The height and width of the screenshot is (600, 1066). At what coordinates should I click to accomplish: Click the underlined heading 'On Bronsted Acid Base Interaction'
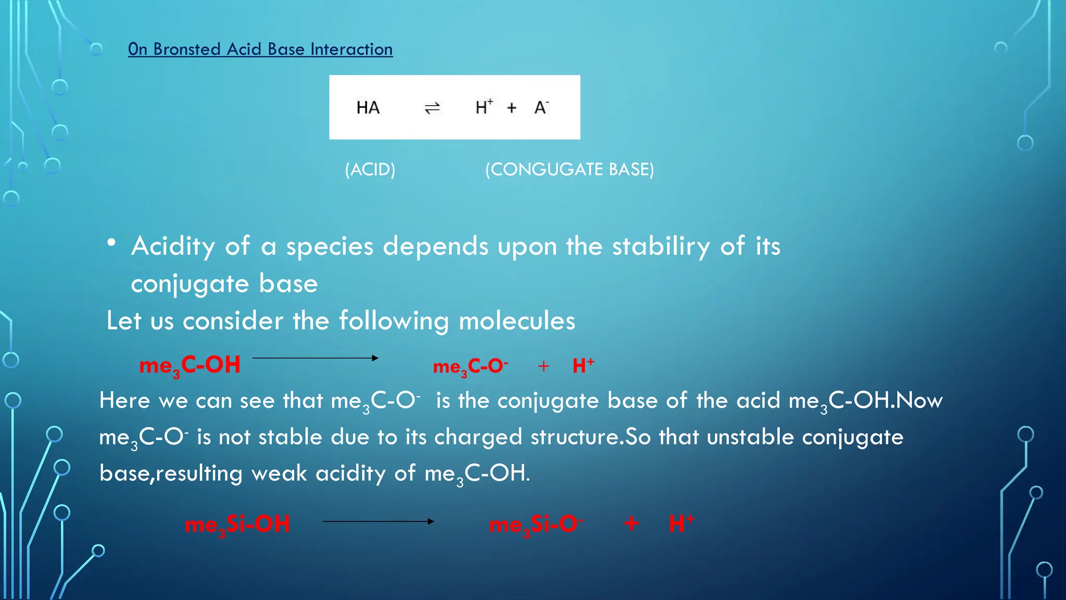pos(260,49)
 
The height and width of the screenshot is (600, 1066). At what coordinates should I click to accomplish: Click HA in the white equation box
pos(368,108)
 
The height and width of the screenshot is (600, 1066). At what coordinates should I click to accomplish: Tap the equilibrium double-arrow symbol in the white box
pos(432,108)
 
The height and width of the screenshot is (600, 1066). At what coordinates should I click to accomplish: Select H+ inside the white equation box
pos(484,107)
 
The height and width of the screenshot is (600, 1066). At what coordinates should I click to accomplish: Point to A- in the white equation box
pos(541,107)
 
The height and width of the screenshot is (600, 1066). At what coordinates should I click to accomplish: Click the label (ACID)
pos(370,169)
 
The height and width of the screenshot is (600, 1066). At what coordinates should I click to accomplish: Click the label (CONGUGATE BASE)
pos(569,169)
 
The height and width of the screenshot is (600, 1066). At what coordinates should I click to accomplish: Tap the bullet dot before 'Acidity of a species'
pos(111,243)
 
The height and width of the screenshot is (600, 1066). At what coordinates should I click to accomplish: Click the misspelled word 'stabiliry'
pos(661,246)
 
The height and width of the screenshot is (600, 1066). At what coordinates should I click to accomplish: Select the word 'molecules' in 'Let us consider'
pos(516,321)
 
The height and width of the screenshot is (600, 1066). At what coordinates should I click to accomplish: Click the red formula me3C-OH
pos(189,365)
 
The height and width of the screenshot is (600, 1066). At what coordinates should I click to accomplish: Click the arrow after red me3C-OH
pos(315,358)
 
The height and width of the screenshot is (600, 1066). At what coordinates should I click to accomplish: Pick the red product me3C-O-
pos(470,367)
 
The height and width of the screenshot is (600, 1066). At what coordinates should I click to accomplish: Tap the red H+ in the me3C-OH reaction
pos(583,366)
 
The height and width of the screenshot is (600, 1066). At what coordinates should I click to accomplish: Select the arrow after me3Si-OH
pos(378,521)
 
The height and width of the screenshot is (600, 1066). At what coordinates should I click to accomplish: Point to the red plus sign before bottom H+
pos(631,523)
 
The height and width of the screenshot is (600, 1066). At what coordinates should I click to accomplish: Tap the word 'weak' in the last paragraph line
pos(279,473)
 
